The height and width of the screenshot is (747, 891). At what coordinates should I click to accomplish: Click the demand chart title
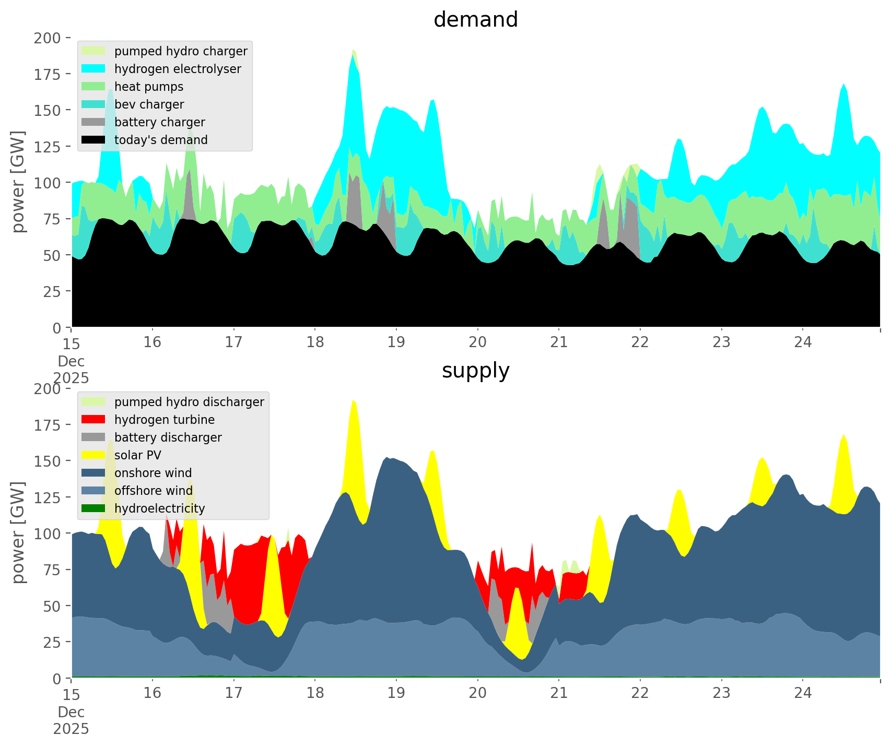tap(475, 20)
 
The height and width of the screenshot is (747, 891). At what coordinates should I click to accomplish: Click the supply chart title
tap(475, 371)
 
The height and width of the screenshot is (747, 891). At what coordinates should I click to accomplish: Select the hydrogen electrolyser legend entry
tap(178, 69)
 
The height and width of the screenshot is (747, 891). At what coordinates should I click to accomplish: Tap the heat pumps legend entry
tap(149, 87)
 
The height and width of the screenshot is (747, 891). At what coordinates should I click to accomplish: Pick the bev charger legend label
tap(149, 104)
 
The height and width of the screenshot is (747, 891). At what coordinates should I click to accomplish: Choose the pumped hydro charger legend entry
tap(181, 51)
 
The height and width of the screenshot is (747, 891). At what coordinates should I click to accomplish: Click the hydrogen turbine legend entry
tap(165, 420)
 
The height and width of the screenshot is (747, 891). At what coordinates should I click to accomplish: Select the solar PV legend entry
tap(138, 455)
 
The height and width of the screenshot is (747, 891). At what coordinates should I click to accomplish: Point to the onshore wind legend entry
tap(153, 473)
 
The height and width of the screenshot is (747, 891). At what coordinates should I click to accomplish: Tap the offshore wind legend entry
tap(154, 491)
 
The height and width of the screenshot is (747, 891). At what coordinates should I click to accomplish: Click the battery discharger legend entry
tap(168, 437)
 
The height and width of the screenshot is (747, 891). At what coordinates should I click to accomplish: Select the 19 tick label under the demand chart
tap(396, 342)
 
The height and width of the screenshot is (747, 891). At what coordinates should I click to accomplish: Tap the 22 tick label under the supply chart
tap(640, 693)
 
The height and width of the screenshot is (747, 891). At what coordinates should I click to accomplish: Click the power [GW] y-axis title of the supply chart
tap(19, 532)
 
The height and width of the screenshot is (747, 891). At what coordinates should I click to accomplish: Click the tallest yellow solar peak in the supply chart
tap(354, 402)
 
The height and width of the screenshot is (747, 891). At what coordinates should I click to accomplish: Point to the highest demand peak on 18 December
tap(354, 50)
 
